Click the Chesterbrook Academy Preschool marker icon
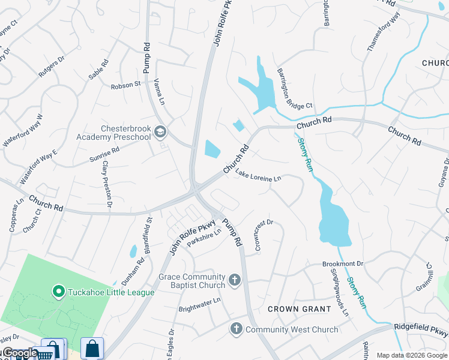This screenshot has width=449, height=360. point(160,131)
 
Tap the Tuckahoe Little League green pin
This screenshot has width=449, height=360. point(59,292)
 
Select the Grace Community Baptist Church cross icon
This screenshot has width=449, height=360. point(235,280)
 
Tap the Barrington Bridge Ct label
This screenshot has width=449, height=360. point(294,88)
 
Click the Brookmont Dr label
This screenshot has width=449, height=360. point(343,264)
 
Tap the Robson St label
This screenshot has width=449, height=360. point(125,85)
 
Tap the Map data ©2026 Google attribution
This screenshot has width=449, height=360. point(412,355)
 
